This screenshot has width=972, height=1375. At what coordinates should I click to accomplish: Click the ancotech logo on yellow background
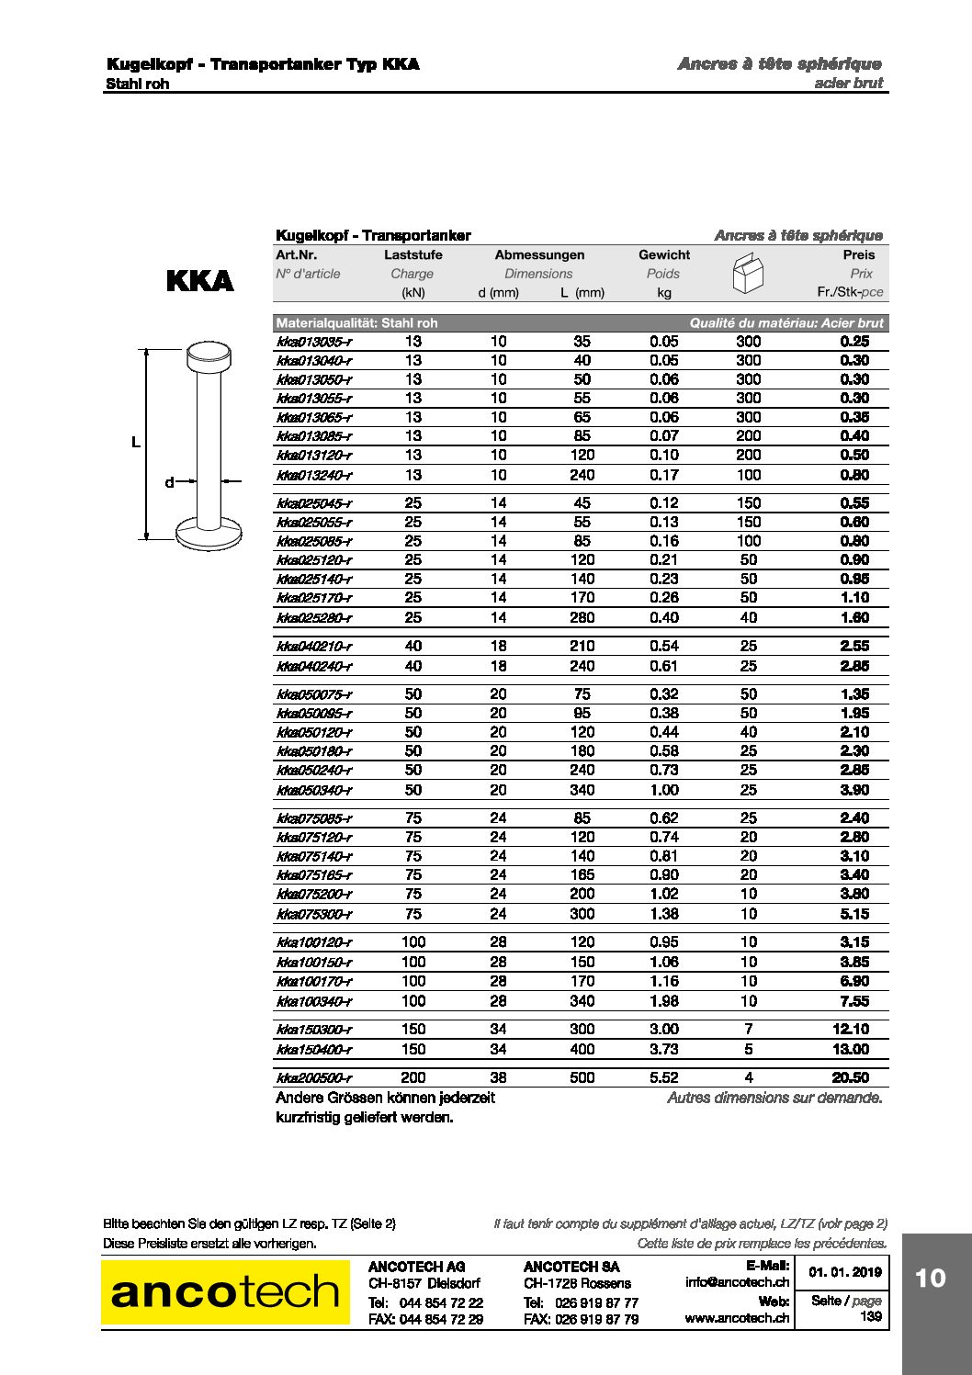[225, 1292]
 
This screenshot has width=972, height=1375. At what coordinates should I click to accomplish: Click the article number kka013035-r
[313, 342]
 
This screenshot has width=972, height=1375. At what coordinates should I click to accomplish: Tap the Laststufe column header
[413, 254]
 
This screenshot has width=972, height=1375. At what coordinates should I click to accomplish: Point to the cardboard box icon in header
[748, 273]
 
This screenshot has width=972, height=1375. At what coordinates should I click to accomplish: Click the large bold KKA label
[200, 280]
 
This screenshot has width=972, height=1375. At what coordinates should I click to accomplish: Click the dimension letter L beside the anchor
[136, 443]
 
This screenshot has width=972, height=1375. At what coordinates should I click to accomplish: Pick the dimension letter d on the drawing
[169, 482]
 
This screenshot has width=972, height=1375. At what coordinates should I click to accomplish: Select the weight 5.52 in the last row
[663, 1077]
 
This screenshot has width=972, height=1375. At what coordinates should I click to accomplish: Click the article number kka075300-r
[313, 914]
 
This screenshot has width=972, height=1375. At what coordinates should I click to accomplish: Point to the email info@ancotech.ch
[737, 1282]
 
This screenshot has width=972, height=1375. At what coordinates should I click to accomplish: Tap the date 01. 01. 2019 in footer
[844, 1272]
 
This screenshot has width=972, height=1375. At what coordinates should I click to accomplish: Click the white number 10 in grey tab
[930, 1278]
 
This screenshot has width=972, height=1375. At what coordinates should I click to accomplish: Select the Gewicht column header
[663, 254]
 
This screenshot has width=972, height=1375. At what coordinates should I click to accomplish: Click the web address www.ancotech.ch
[737, 1318]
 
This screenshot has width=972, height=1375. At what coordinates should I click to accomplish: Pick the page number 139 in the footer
[870, 1316]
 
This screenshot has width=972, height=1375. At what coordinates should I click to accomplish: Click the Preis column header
[858, 254]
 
